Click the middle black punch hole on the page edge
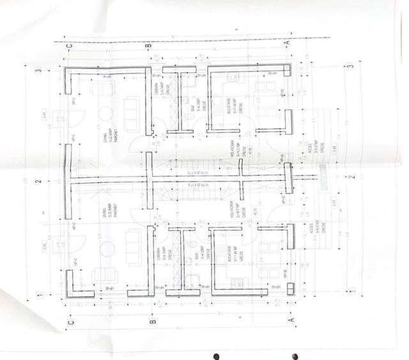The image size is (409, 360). tap(296, 354)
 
